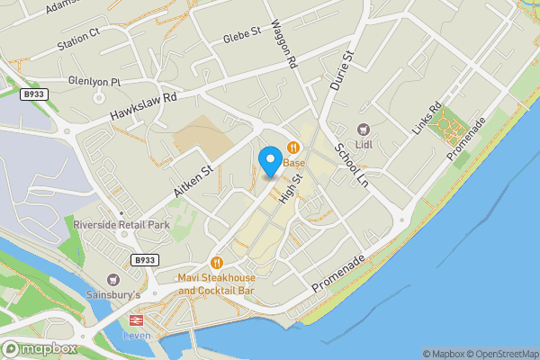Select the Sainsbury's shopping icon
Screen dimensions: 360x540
pyautogui.click(x=113, y=280)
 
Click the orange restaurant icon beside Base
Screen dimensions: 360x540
pyautogui.click(x=292, y=148)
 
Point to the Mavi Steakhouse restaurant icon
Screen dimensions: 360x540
pyautogui.click(x=217, y=263)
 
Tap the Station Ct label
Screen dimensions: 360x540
pyautogui.click(x=78, y=40)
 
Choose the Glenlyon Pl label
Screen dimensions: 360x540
pyautogui.click(x=94, y=81)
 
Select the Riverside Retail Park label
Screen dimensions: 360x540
pyautogui.click(x=121, y=224)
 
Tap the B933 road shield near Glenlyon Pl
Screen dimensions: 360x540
pyautogui.click(x=33, y=94)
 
